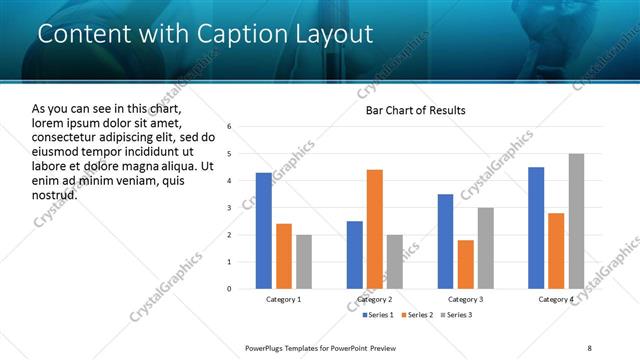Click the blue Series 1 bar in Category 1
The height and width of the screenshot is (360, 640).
[263, 231]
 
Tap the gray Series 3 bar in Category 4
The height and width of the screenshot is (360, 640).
[576, 221]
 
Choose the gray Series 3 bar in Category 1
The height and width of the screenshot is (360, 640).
[303, 262]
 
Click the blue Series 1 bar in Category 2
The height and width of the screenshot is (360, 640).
[355, 255]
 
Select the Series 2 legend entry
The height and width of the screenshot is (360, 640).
[417, 316]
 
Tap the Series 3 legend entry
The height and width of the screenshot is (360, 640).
[458, 316]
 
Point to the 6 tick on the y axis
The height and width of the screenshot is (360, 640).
[229, 127]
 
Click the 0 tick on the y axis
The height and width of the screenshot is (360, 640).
[229, 289]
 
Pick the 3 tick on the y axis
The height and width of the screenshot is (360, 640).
[229, 208]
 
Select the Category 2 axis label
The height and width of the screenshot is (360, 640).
[374, 300]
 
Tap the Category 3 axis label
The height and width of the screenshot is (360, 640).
[465, 300]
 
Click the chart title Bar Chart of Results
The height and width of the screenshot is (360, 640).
[415, 110]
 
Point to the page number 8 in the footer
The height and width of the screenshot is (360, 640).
[589, 347]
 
